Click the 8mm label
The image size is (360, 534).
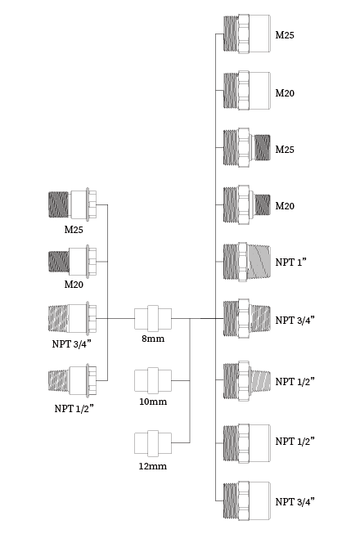tap(153, 339)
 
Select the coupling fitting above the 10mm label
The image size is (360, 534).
tap(153, 380)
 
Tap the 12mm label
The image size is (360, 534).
tap(152, 466)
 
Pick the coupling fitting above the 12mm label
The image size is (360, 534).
tap(153, 443)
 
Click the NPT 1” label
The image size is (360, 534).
tap(290, 262)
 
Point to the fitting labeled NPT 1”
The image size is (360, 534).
tap(247, 262)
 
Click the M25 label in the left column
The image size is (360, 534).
tap(74, 230)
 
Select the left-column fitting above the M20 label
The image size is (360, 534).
tap(73, 262)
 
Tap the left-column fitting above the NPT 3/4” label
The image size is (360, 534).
tap(73, 318)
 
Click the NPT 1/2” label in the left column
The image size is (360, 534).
tap(74, 408)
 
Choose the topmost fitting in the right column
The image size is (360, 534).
tap(247, 34)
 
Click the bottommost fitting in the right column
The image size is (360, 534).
tap(247, 500)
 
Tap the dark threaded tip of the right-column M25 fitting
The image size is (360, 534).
tap(263, 147)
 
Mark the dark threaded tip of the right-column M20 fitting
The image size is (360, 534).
tap(263, 204)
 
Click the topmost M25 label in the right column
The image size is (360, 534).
tap(285, 34)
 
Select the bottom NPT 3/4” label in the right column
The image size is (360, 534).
tap(295, 501)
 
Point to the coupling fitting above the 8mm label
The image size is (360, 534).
tap(153, 318)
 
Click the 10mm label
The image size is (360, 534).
tap(153, 402)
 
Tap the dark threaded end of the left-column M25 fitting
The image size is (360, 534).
tap(58, 204)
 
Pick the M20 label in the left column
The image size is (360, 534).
tap(74, 285)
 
